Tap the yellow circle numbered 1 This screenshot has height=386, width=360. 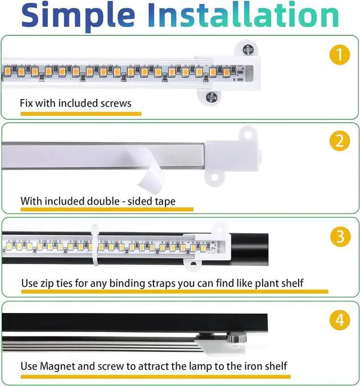[339, 55]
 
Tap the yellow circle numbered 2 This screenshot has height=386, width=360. [339, 141]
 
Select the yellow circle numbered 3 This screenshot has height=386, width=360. [339, 237]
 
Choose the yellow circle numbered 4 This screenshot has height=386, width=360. [339, 321]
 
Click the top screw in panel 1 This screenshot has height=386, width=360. [247, 49]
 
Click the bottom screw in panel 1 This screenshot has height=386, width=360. [211, 97]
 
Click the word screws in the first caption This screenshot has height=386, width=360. [115, 103]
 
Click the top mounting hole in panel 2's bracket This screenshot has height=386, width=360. [245, 135]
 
